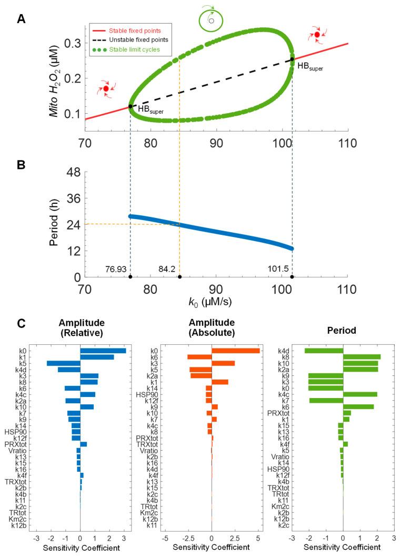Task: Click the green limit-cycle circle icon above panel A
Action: [x=210, y=21]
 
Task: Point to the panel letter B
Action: [x=21, y=163]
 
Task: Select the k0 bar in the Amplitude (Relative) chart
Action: [x=103, y=351]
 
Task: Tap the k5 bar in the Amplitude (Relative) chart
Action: [x=63, y=363]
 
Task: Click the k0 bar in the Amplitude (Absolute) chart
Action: [x=235, y=351]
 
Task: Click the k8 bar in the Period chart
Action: [x=361, y=357]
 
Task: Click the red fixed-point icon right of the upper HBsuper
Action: [x=317, y=35]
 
